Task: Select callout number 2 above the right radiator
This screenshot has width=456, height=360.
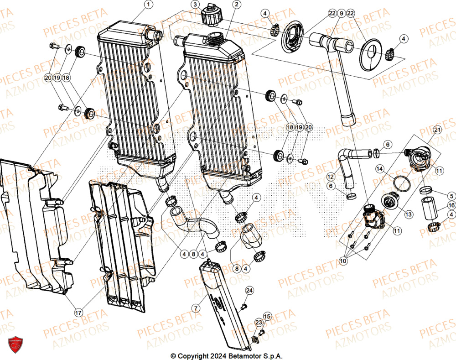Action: click(x=236, y=5)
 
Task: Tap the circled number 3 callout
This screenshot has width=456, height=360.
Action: click(x=195, y=5)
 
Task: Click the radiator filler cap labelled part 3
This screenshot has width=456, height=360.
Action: click(x=211, y=17)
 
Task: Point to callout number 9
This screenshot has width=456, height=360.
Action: click(x=342, y=14)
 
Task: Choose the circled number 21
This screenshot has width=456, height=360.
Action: click(x=437, y=130)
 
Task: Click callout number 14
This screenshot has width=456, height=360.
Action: click(x=380, y=169)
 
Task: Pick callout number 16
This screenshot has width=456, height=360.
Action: click(x=451, y=205)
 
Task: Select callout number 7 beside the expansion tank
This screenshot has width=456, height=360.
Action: click(x=195, y=309)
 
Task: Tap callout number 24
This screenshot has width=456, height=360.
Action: click(x=249, y=290)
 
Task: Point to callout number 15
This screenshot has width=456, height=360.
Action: click(x=267, y=316)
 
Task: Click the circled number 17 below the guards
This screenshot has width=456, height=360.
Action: click(x=78, y=313)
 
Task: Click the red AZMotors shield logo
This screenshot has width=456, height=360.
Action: click(x=16, y=345)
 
